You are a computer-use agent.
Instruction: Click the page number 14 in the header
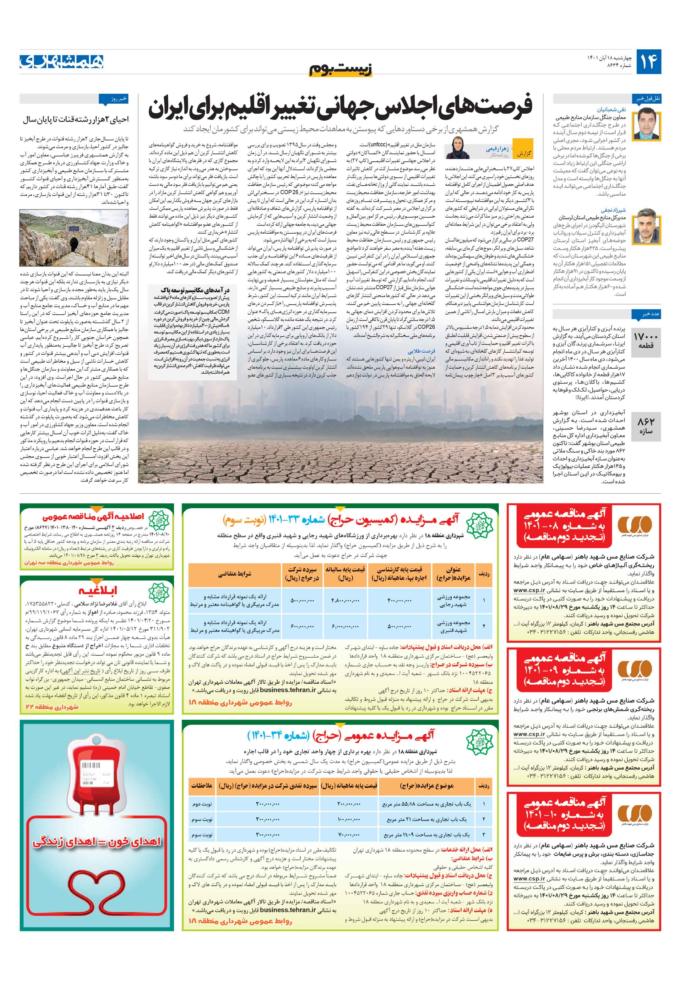(x=648, y=62)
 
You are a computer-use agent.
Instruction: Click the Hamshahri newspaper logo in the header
(x=62, y=62)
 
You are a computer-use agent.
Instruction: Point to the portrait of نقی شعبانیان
(x=648, y=124)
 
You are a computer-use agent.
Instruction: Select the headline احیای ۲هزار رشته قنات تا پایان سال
(x=76, y=120)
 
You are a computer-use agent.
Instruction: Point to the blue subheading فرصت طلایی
(x=422, y=350)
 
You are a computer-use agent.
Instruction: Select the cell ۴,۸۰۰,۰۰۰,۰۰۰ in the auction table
(x=345, y=600)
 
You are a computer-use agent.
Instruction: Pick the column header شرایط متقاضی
(x=234, y=574)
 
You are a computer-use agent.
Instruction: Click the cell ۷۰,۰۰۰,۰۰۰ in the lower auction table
(x=348, y=834)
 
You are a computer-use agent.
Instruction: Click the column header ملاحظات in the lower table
(x=202, y=786)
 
